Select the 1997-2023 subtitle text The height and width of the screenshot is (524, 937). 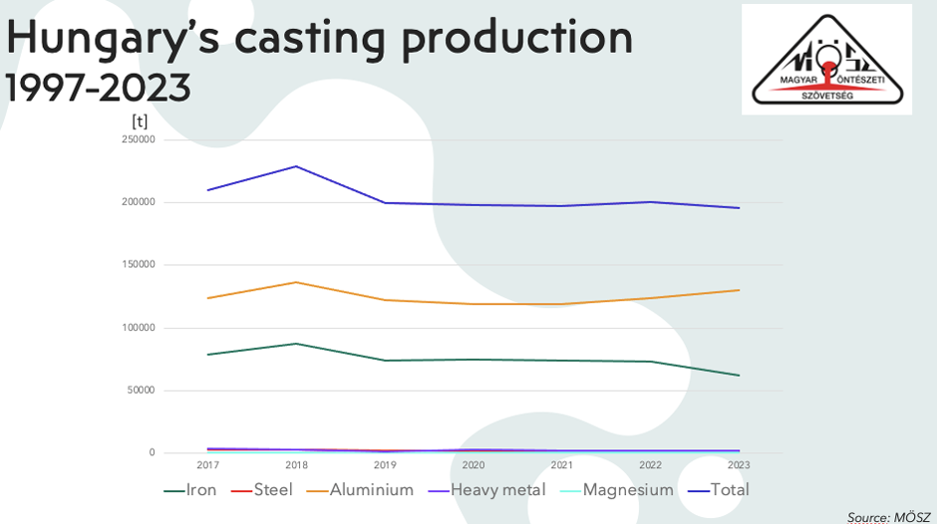tap(98, 88)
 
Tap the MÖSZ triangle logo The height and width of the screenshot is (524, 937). tap(826, 59)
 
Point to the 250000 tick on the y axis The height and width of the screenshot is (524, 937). tap(137, 140)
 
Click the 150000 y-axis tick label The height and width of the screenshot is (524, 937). tap(137, 265)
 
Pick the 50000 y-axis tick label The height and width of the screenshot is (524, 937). tap(140, 391)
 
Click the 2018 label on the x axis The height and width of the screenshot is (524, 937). tap(295, 465)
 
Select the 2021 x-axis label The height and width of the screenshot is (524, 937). tap(562, 465)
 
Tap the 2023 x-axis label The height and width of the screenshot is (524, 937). tap(739, 465)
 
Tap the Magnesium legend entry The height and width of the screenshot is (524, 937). tap(617, 490)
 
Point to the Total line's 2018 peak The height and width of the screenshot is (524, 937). tap(296, 166)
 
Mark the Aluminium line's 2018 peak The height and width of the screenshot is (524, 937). tap(296, 282)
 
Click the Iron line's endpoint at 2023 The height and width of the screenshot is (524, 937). tap(739, 376)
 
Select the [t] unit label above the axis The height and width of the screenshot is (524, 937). tap(140, 121)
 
